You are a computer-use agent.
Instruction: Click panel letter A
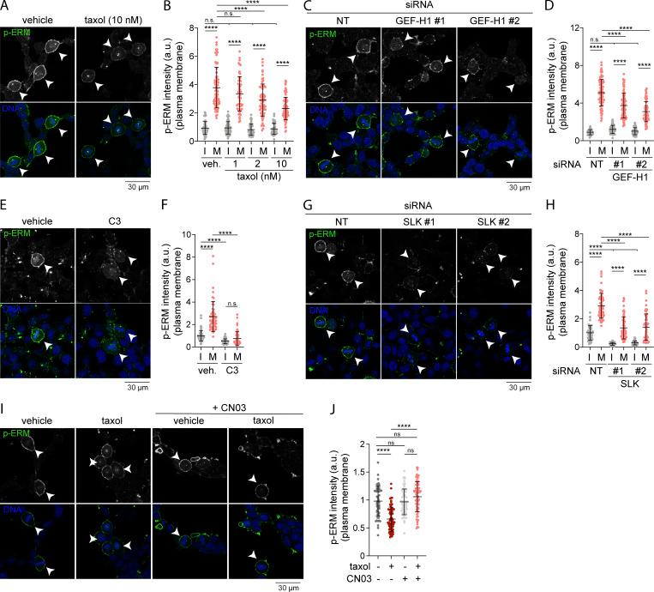point(6,7)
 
